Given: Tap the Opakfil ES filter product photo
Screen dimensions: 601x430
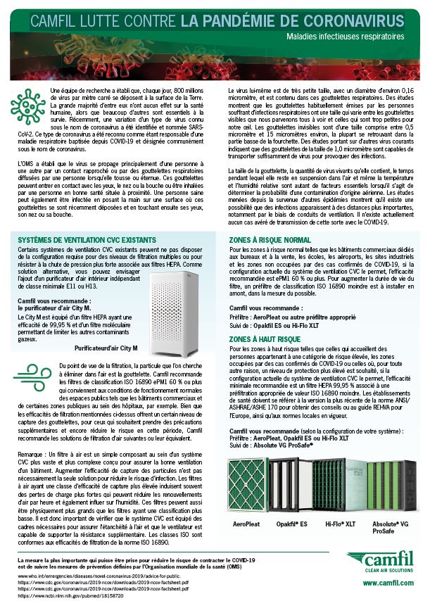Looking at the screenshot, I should tap(298, 480).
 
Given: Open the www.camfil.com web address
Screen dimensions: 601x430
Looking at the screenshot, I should tap(385, 582).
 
